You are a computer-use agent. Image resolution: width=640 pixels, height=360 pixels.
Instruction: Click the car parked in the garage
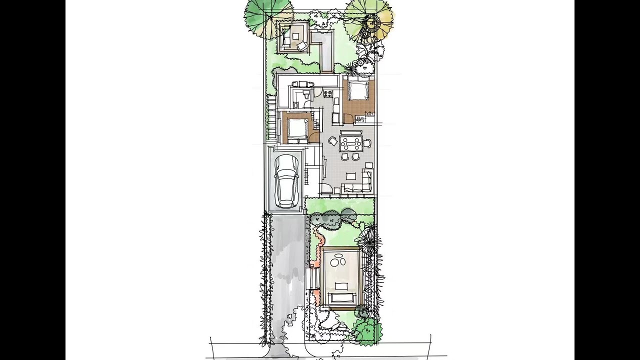(x=286, y=181)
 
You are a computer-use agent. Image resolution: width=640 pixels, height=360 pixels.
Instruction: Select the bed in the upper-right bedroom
(x=357, y=90)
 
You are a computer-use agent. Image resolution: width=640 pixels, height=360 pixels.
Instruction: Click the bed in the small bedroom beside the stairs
(x=297, y=129)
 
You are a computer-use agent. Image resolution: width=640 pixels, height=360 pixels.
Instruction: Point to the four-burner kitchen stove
(x=328, y=93)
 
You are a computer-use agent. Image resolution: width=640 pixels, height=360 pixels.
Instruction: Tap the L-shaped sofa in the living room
(x=360, y=185)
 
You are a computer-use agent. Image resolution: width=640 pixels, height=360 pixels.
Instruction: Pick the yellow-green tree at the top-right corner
(x=369, y=20)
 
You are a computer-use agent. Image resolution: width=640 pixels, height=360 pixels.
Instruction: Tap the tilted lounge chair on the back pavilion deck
(x=301, y=46)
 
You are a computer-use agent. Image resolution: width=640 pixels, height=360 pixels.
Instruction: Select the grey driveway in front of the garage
(x=287, y=265)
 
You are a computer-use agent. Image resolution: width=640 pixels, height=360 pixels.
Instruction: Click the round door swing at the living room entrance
(x=326, y=189)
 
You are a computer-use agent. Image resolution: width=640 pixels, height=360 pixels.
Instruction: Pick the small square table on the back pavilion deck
(x=296, y=35)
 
